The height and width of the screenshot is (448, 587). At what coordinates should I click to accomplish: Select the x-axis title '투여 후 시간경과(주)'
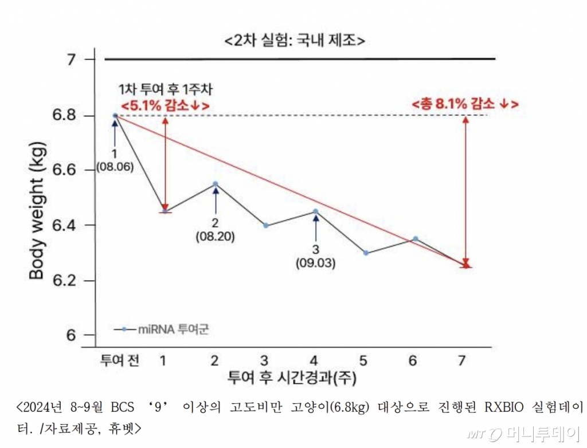pyautogui.click(x=292, y=378)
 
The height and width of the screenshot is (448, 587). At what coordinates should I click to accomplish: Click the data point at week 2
pyautogui.click(x=216, y=184)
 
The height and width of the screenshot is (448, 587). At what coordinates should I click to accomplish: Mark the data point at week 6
pyautogui.click(x=416, y=238)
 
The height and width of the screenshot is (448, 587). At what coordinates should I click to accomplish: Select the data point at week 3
pyautogui.click(x=265, y=225)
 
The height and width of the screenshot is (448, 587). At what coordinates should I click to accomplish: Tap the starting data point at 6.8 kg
pyautogui.click(x=115, y=116)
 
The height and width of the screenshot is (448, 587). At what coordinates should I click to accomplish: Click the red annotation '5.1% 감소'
pyautogui.click(x=165, y=106)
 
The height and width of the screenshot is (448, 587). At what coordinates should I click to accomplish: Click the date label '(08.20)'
pyautogui.click(x=215, y=235)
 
